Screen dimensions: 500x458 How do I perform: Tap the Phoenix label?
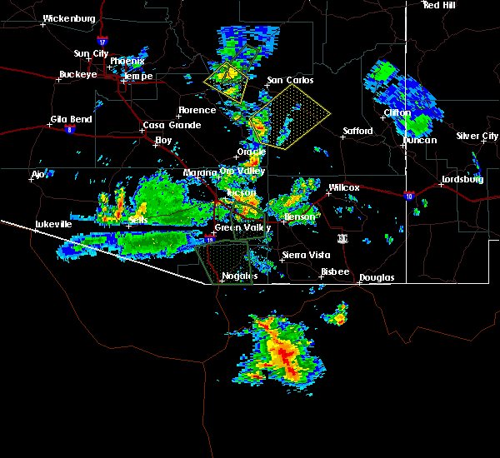(x=127, y=61)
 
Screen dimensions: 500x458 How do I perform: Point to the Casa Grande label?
(x=171, y=125)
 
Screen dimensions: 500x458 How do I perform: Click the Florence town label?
(x=197, y=110)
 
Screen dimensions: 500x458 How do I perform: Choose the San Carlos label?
(x=290, y=81)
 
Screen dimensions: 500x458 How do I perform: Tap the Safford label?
(x=358, y=132)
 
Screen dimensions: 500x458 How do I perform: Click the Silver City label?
(x=477, y=136)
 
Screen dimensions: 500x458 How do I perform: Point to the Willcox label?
(x=343, y=187)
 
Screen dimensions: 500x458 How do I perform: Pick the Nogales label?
(x=239, y=276)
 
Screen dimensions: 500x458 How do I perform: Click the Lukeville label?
(x=53, y=224)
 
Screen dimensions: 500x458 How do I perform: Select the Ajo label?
(x=37, y=174)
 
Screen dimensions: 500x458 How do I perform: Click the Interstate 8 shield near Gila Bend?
(x=69, y=129)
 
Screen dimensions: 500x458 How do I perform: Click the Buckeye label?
(x=77, y=74)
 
